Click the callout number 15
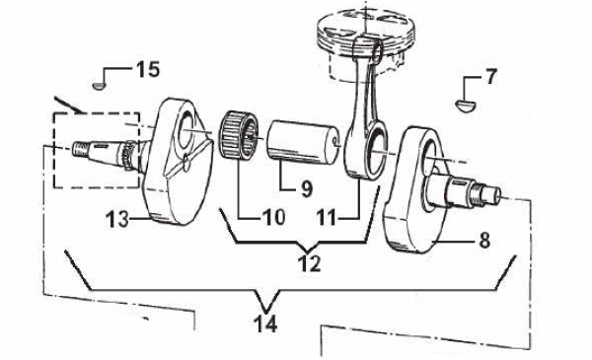coord(148,69)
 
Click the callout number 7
coord(490,77)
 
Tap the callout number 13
coord(117,219)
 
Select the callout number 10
coord(274,217)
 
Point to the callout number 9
coord(307,188)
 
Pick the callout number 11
coord(327,218)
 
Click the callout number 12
coord(310,263)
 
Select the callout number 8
coord(484,240)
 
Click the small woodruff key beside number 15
coord(98,86)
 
